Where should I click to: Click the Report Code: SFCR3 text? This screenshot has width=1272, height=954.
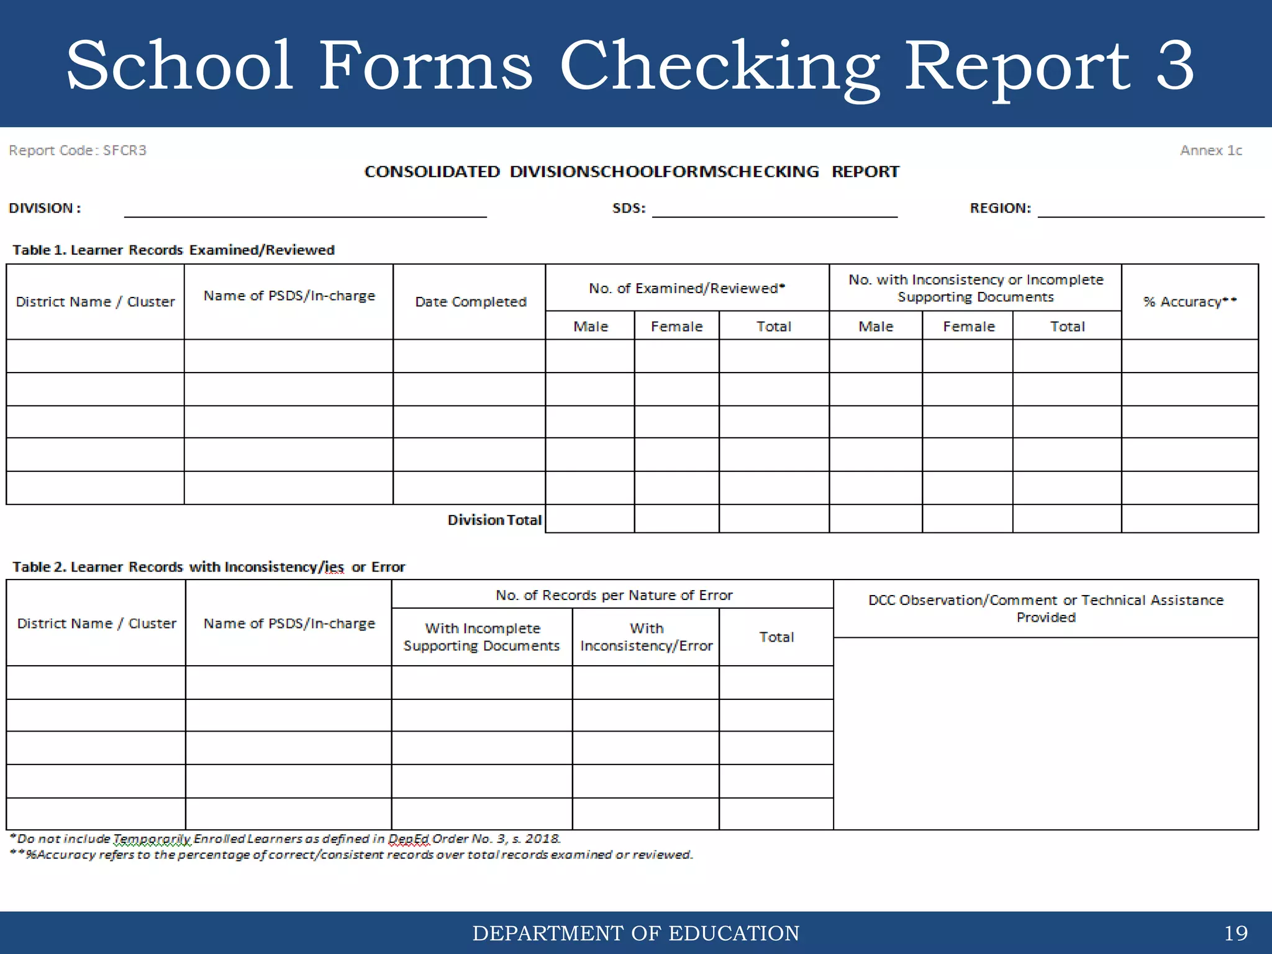78,150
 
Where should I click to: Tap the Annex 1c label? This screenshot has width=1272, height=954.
1211,150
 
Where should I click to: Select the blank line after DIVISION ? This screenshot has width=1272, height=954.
305,213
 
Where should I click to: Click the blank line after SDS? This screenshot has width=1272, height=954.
774,213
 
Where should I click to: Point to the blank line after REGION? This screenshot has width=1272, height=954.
1150,213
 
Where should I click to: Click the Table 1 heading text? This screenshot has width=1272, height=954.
173,250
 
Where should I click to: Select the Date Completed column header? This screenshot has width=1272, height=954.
470,302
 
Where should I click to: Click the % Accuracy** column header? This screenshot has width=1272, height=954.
1189,302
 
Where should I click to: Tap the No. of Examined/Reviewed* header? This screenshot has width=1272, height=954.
687,288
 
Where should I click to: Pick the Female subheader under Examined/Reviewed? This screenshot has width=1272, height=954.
676,326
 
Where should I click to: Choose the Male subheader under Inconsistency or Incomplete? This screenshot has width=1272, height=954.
876,326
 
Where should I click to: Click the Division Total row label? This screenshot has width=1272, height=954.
494,520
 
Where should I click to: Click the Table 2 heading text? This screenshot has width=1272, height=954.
209,567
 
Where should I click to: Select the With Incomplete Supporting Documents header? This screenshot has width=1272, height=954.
481,637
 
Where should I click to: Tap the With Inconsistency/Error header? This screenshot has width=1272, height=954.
646,637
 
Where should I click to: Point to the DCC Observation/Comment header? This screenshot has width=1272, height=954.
1045,609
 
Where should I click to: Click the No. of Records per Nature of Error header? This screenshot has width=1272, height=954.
614,595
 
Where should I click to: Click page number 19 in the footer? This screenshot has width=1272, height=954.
1235,933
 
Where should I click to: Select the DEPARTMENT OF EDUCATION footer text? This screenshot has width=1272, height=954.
635,933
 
